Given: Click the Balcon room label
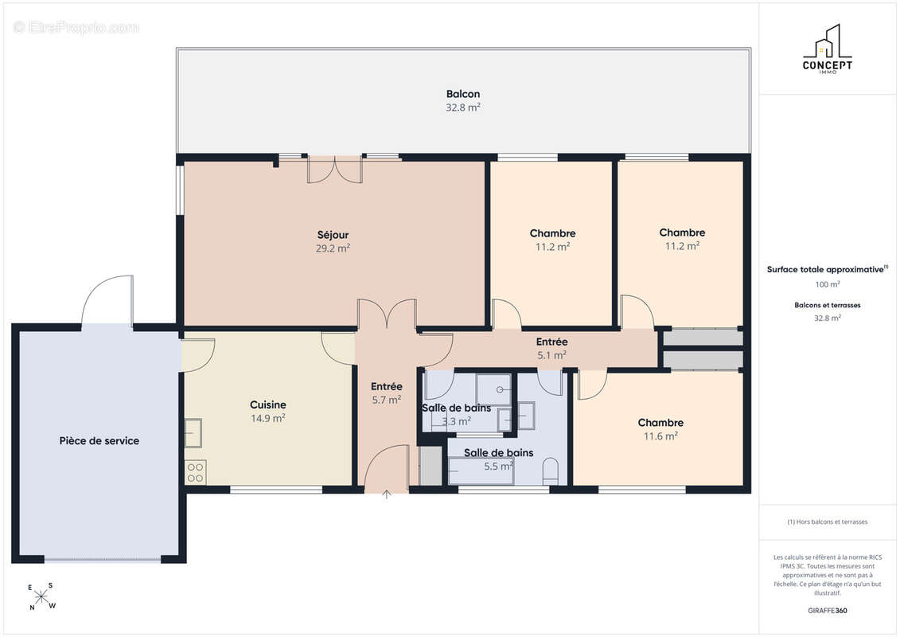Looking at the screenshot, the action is pos(462,94).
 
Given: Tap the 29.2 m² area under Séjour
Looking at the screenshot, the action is pos(333,248).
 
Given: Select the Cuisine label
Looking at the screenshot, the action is pos(268,404).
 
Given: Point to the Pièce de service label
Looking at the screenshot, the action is pos(99,440).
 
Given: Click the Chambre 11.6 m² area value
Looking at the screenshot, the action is pos(660,436).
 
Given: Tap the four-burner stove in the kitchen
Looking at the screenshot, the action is pos(195,472).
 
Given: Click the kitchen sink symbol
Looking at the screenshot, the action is pos(193,433).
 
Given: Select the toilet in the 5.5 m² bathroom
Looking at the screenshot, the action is pos(551,470).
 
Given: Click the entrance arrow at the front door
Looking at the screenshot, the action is pos(387,494).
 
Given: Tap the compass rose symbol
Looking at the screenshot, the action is pos(41,597).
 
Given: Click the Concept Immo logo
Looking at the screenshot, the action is pos(827,49).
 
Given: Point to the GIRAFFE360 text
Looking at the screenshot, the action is pos(827,611).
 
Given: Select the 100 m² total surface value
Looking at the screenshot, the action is pos(827,284).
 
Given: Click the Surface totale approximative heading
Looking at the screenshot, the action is pos(827,269).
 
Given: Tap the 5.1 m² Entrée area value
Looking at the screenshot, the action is pos(551,355).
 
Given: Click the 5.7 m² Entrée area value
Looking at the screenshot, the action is pos(386,400).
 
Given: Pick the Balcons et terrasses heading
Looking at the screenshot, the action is pos(827,305).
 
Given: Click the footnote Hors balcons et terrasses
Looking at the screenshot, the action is pos(827,522).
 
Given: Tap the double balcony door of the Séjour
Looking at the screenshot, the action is pos(335,169).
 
